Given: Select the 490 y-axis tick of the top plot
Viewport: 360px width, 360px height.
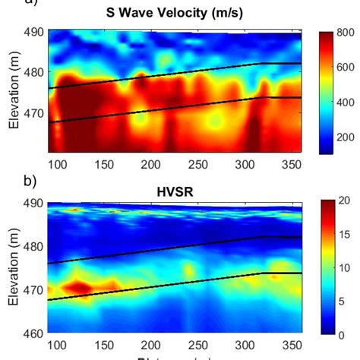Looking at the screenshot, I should point(33,32).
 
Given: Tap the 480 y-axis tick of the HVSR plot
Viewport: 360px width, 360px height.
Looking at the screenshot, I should point(33,246).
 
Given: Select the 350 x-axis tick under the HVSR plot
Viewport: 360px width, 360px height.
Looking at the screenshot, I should point(267,346).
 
